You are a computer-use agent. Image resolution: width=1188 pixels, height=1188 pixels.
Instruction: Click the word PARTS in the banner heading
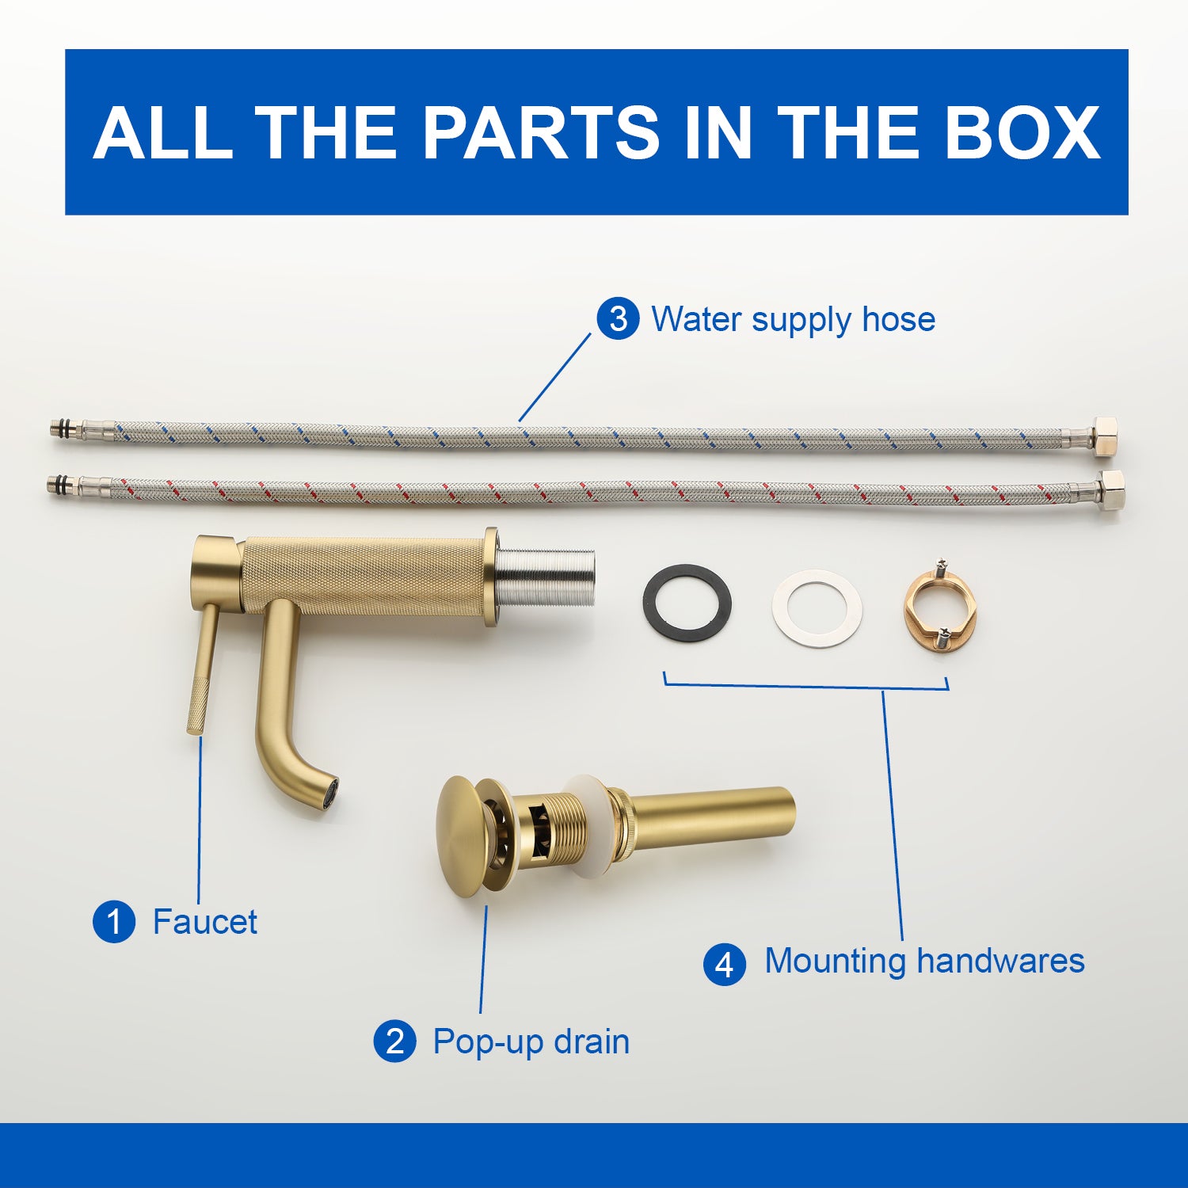click(541, 132)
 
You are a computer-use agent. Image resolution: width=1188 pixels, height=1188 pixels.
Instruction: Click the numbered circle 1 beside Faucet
click(114, 921)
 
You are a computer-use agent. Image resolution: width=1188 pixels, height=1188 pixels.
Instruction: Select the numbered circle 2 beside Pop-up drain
click(394, 1041)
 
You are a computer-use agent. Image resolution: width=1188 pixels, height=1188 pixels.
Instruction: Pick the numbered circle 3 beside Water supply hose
click(618, 318)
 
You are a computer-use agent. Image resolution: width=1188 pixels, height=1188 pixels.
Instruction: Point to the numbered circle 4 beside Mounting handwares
click(725, 964)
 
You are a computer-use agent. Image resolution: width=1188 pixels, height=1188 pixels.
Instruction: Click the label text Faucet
click(204, 922)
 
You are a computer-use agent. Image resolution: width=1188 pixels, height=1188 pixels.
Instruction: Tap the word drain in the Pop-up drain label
click(592, 1041)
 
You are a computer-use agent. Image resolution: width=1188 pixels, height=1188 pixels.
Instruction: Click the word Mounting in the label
click(835, 962)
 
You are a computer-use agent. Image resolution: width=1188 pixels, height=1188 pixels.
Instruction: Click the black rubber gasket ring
click(687, 603)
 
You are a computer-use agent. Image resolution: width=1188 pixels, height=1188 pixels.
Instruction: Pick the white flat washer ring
click(817, 608)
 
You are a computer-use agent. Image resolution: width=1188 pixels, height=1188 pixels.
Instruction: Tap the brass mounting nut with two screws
click(941, 604)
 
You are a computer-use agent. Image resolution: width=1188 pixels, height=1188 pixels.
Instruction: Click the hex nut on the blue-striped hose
click(1104, 436)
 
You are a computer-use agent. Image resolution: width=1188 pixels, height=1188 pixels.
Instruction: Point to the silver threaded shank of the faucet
click(545, 577)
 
